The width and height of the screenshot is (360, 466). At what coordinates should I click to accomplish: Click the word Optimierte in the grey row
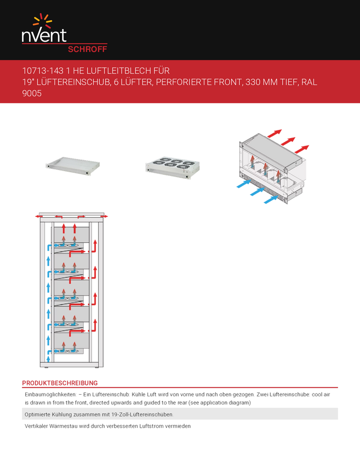38,414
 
